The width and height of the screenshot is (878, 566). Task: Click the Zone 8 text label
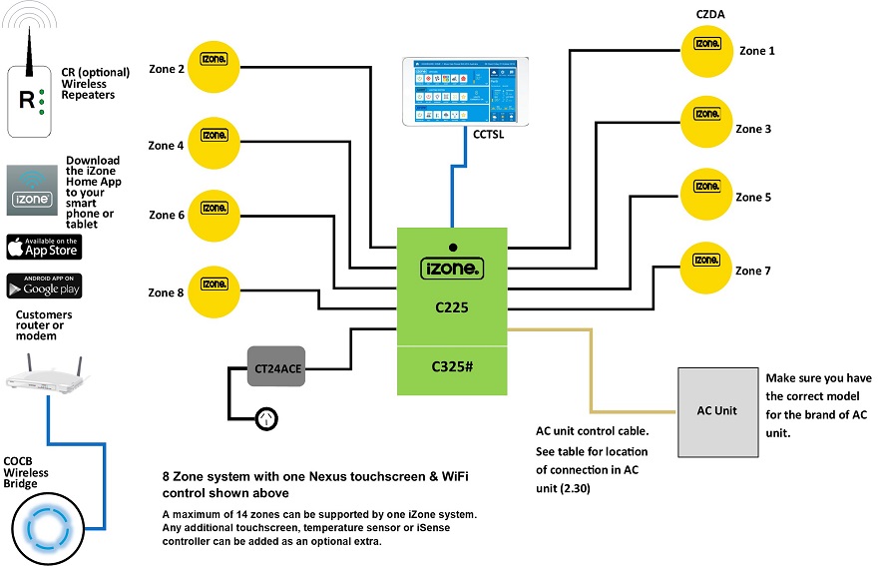coord(166,292)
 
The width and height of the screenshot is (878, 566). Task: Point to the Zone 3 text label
coord(753,129)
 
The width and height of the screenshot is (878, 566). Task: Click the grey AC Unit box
coord(716,409)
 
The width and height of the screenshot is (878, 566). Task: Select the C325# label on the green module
coord(452,366)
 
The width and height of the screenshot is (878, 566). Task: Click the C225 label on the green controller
coord(452,308)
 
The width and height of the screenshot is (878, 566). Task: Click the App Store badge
coord(44,246)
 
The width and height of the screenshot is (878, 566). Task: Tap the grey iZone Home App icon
coord(30,191)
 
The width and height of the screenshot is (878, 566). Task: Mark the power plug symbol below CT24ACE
coord(267,418)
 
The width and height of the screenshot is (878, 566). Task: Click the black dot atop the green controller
coord(452,247)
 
